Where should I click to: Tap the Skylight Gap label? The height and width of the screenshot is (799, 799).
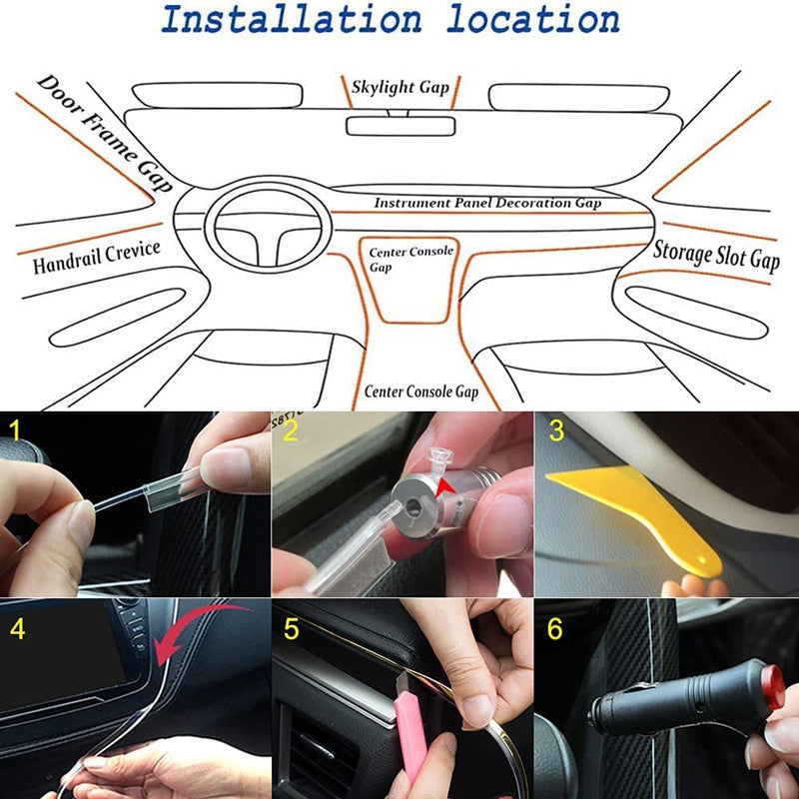400,88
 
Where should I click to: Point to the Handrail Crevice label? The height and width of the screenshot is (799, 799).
96,258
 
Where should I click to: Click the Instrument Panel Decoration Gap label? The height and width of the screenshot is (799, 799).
487,203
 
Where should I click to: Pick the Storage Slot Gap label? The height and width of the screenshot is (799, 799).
715,255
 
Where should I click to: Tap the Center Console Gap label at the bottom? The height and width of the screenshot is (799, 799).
420,392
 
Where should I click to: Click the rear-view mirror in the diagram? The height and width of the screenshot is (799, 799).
400,126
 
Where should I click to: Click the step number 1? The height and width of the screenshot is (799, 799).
14,431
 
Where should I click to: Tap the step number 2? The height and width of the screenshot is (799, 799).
291,431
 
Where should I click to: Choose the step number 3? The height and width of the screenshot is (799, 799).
556,431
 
